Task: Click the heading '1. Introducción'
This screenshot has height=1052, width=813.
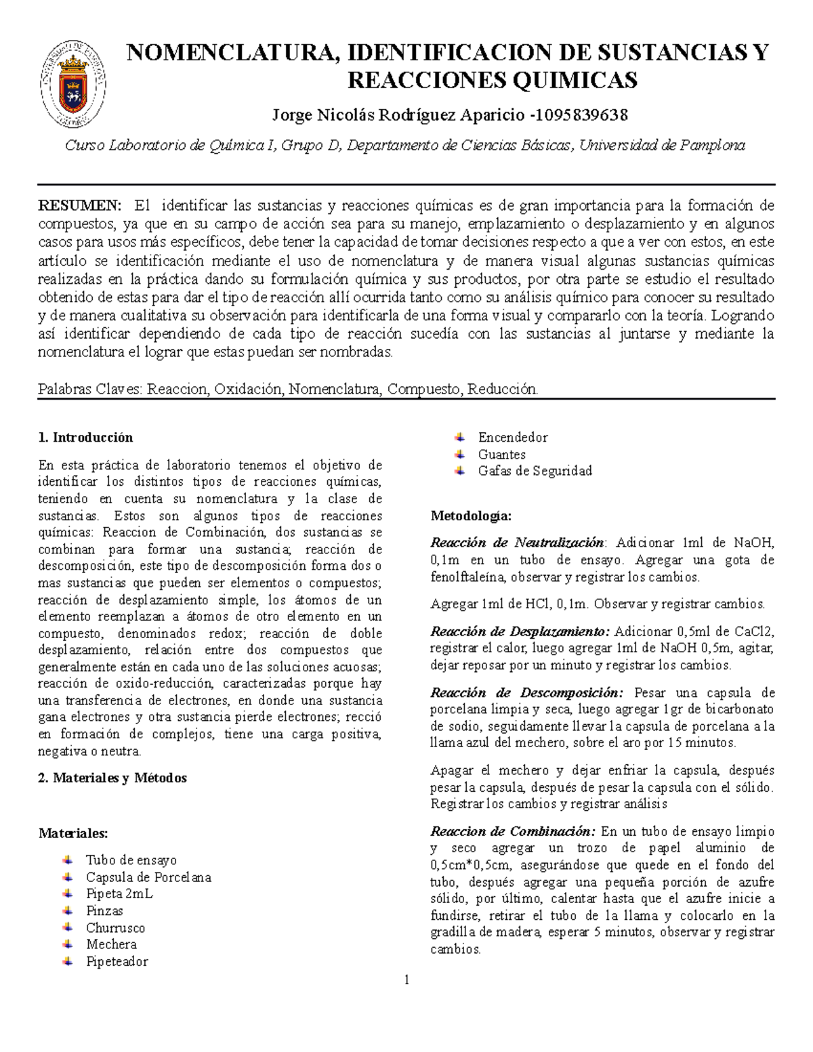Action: pyautogui.click(x=86, y=438)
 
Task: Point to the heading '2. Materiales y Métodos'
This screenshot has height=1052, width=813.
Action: pyautogui.click(x=112, y=778)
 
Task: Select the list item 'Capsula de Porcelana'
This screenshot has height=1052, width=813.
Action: pyautogui.click(x=148, y=877)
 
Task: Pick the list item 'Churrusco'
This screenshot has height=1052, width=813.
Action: pyautogui.click(x=115, y=928)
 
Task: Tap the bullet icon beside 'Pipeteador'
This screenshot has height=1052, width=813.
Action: pyautogui.click(x=67, y=961)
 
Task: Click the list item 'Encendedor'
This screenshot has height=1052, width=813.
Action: pyautogui.click(x=513, y=438)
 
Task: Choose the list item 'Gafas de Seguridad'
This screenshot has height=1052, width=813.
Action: pyautogui.click(x=535, y=471)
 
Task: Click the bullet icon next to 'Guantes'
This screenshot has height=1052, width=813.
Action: pyautogui.click(x=460, y=454)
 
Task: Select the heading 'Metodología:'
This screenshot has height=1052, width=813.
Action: pyautogui.click(x=472, y=516)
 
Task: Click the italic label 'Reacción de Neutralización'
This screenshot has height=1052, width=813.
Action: pyautogui.click(x=517, y=543)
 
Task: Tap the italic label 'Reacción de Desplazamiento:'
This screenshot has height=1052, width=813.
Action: pyautogui.click(x=520, y=631)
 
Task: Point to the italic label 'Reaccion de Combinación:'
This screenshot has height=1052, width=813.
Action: pyautogui.click(x=513, y=831)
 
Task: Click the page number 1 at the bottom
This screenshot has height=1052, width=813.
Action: pyautogui.click(x=406, y=980)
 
